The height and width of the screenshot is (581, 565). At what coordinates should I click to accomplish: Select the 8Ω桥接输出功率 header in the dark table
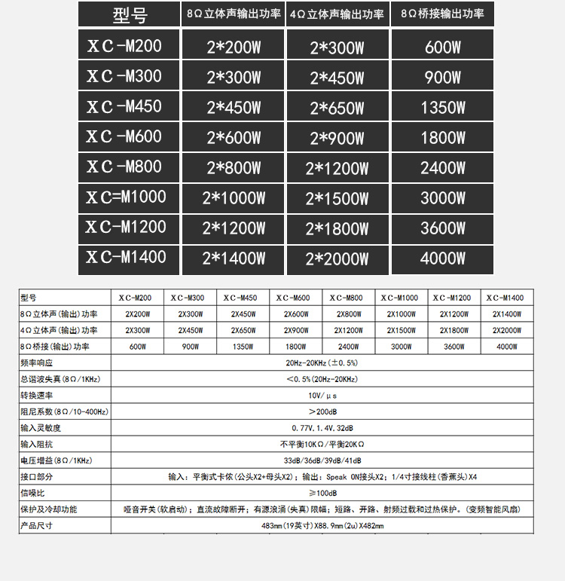tap(442, 14)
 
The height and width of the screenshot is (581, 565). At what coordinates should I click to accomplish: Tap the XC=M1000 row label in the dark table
tap(126, 197)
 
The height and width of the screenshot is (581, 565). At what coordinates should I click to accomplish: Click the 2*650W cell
tap(337, 108)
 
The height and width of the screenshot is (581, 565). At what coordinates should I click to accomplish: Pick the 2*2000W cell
tap(337, 259)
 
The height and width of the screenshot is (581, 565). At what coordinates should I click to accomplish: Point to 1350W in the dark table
tap(442, 108)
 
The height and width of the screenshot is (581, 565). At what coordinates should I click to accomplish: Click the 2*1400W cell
tap(234, 258)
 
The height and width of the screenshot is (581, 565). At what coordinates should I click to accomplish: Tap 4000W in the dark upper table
tap(442, 258)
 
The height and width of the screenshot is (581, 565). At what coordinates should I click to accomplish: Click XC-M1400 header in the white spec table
tap(505, 298)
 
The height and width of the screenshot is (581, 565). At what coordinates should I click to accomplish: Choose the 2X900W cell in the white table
tap(295, 330)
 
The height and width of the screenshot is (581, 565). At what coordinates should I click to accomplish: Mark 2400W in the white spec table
tap(348, 347)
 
